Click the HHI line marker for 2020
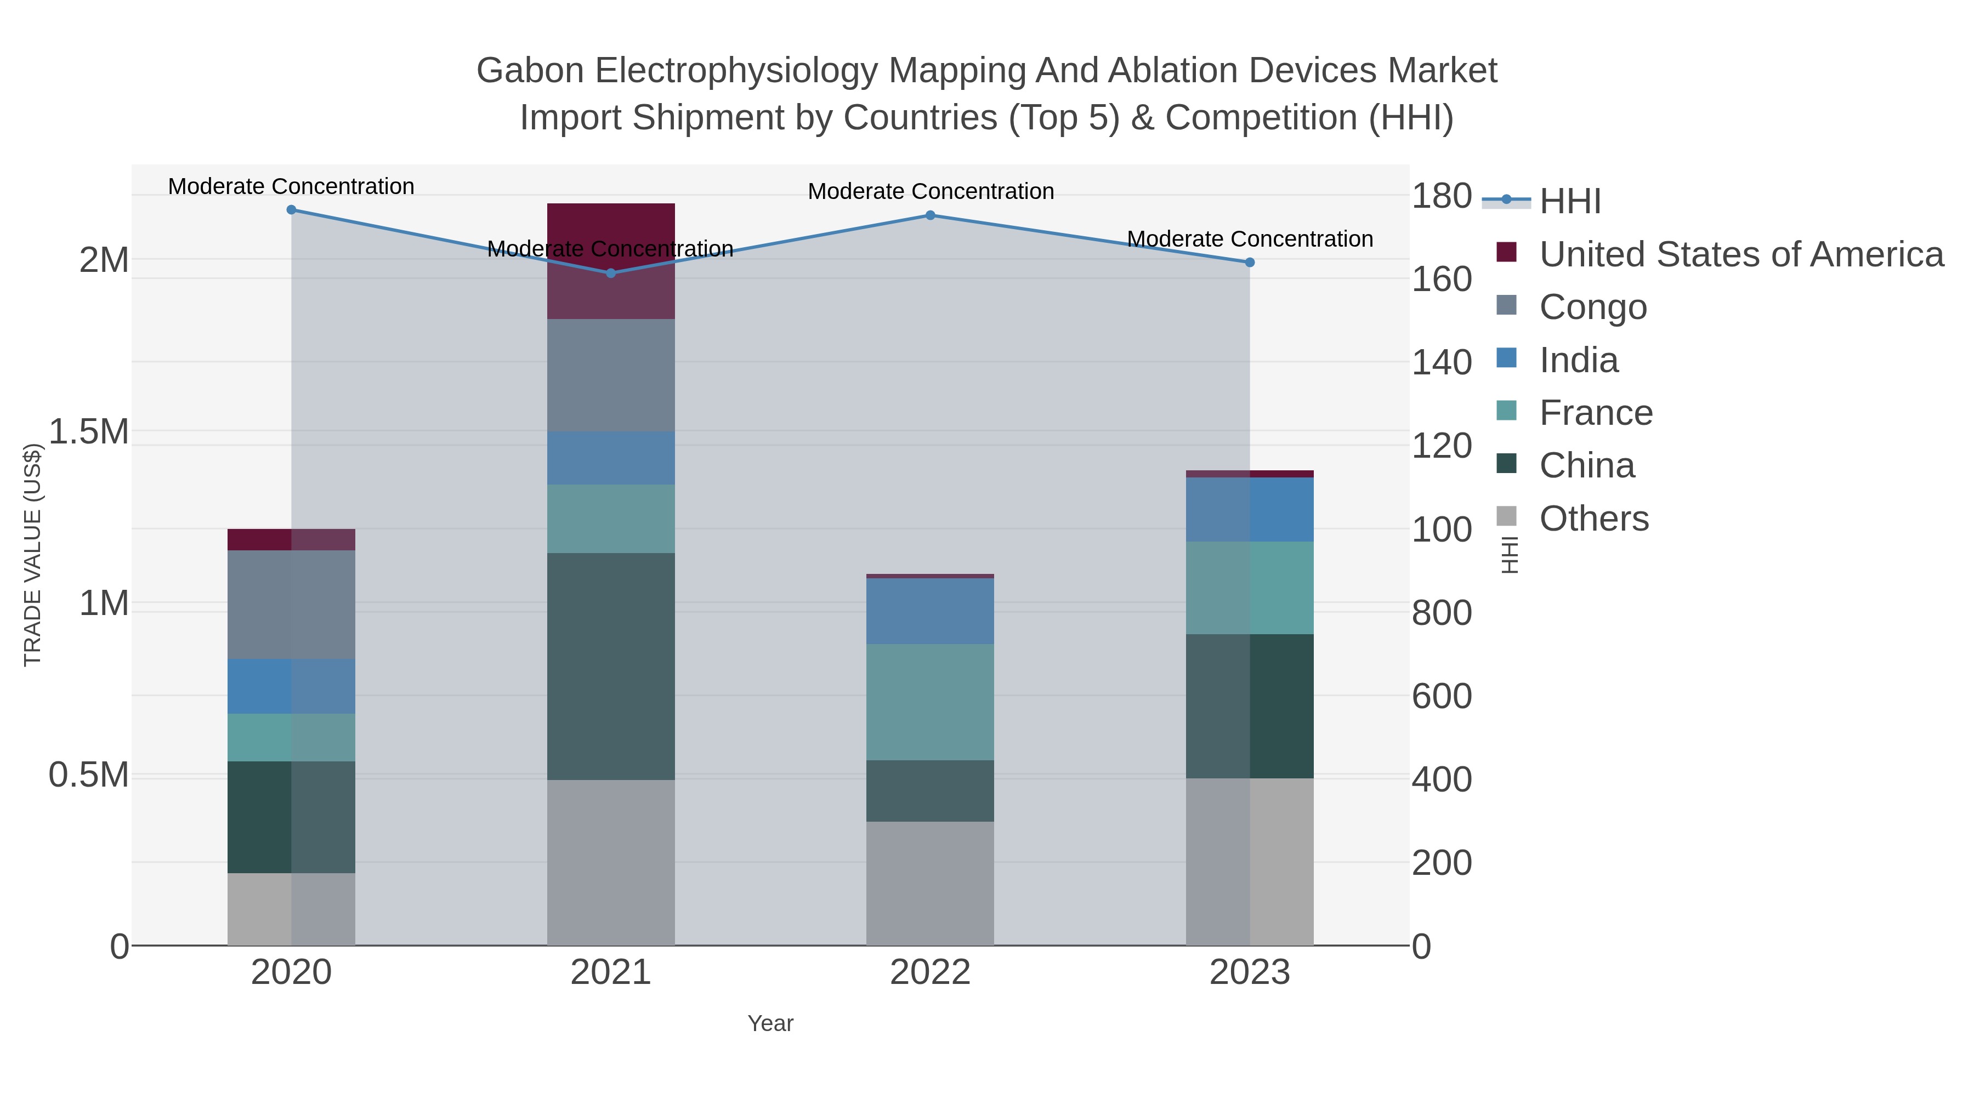point(291,210)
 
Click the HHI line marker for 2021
point(611,274)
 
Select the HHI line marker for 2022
point(931,215)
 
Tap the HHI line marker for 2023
point(1250,263)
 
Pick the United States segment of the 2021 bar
point(611,260)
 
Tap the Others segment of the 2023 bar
point(1250,861)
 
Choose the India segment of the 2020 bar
point(291,686)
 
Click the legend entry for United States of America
point(1740,254)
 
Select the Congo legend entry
point(1592,307)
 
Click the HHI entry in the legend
point(1569,201)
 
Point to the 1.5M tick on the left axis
point(89,432)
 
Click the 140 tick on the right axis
point(1442,362)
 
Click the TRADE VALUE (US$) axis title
point(32,555)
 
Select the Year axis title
point(770,1023)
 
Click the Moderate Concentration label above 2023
point(1250,239)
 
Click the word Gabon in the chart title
point(530,71)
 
